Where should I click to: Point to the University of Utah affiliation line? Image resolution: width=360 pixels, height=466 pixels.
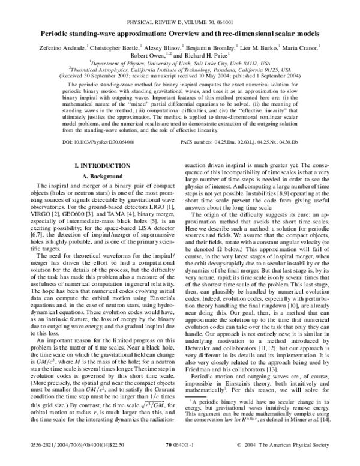point(180,62)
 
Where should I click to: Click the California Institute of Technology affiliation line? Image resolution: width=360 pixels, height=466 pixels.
point(180,68)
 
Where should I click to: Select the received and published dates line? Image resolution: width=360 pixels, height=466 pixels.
point(180,75)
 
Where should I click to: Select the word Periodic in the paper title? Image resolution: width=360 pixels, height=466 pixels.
point(58,19)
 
